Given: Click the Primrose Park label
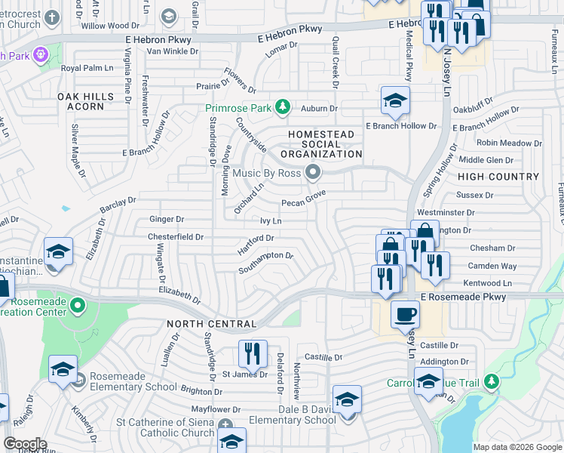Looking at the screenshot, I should click(238, 108).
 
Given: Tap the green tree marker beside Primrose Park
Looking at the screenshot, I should click(283, 106).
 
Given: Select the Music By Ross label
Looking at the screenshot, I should click(266, 174).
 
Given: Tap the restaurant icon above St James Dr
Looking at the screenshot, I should click(253, 352).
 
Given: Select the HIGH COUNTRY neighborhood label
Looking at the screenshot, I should click(498, 177).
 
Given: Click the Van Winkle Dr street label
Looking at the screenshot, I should click(173, 51).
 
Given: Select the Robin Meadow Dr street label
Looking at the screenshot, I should click(504, 143).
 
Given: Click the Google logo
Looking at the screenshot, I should click(24, 444).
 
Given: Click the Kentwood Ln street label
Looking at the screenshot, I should click(487, 282).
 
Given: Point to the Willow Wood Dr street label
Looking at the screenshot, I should click(110, 26).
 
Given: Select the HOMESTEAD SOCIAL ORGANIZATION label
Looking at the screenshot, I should click(322, 144).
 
